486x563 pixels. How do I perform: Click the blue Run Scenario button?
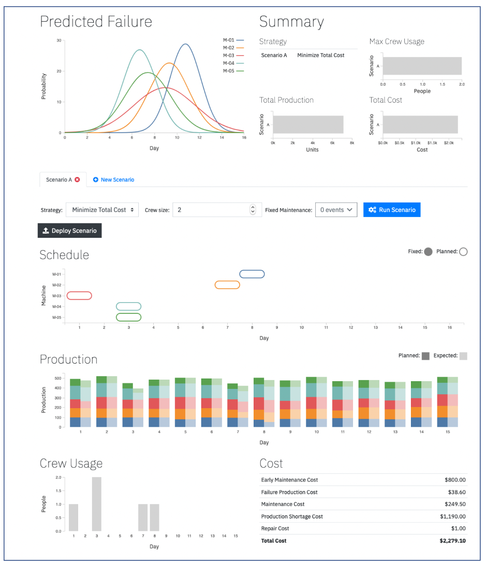pos(392,210)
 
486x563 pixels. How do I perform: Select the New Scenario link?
pos(113,180)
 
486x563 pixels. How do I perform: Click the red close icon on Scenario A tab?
pos(77,180)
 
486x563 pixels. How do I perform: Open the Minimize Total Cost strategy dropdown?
pos(102,210)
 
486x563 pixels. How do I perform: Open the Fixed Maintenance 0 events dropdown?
pos(336,210)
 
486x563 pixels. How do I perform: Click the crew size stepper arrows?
pos(253,210)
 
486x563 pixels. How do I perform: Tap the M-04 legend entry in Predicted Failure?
pos(233,63)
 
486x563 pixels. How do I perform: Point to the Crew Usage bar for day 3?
pos(96,504)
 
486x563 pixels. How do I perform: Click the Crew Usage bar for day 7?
pos(143,517)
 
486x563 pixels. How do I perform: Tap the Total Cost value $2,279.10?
pos(453,541)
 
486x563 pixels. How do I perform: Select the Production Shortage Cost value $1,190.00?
pos(453,516)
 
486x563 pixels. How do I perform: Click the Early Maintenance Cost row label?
pos(289,480)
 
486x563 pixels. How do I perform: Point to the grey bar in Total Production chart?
pos(308,125)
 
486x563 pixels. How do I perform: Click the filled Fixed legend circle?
pos(428,252)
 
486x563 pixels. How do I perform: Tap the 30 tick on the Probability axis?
pos(59,40)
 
